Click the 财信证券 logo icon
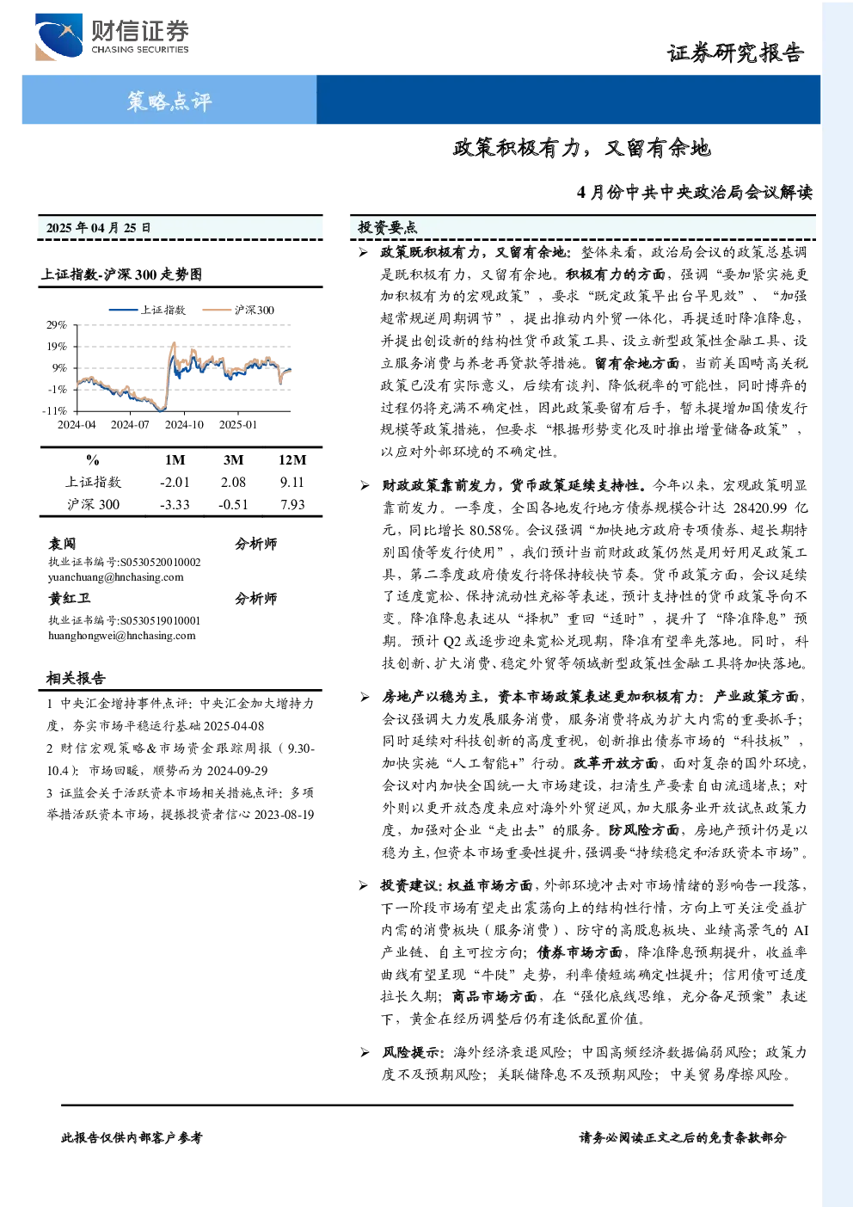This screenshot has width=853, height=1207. point(58,37)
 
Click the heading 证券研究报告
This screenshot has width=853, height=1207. point(735,52)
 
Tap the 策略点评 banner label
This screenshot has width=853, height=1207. point(169,101)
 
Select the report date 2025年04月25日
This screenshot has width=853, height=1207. point(98,228)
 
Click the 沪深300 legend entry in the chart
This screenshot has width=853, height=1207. point(238,310)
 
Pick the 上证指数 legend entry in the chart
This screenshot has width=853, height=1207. point(147,310)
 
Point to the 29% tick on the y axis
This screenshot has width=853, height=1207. point(57,325)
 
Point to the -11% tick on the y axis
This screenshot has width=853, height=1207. point(54,410)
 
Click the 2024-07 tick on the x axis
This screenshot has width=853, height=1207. point(130,425)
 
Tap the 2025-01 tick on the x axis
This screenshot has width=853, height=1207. point(238,425)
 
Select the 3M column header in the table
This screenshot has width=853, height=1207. point(233,459)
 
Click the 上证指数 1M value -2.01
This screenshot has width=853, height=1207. point(175,483)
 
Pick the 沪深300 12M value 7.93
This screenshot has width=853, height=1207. point(291,504)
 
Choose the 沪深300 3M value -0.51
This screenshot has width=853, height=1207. point(233,504)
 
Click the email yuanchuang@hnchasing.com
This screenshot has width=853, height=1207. point(116,577)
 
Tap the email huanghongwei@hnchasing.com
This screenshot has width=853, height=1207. point(122,635)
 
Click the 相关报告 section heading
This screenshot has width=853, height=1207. point(76,678)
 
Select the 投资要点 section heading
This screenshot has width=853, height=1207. point(387,227)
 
